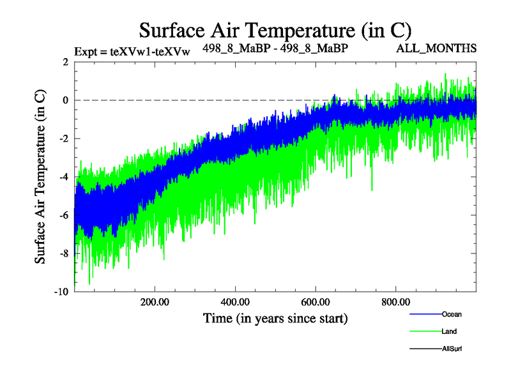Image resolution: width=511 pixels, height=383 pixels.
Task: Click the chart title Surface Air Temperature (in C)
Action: (x=275, y=30)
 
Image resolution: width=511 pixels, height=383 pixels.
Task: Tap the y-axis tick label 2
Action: (x=65, y=62)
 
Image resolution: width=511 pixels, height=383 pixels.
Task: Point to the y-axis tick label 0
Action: (x=65, y=100)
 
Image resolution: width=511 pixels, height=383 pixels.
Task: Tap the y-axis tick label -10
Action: (x=61, y=292)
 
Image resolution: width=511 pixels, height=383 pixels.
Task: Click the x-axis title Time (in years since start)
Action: (x=275, y=318)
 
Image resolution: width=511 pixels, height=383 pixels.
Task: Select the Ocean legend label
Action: (x=452, y=314)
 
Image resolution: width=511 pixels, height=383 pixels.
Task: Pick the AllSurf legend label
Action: (x=452, y=349)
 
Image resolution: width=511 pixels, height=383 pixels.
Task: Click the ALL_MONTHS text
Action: (x=436, y=49)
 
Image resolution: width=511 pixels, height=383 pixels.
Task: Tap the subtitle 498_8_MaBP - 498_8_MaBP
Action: (x=275, y=48)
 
